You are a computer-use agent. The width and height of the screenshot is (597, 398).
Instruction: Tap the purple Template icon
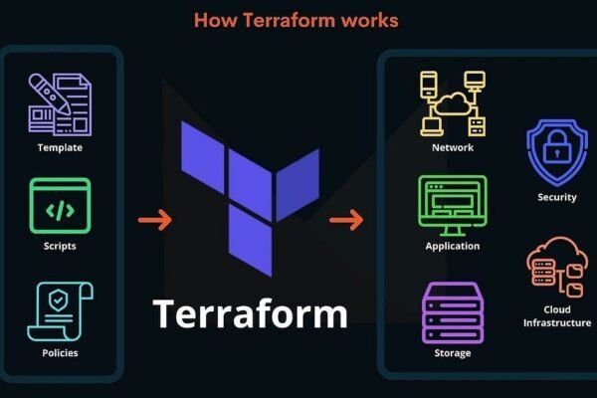pos(60,103)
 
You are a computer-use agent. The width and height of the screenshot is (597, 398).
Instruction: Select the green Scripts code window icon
pos(60,206)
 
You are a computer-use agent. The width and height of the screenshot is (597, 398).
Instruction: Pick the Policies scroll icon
pos(60,309)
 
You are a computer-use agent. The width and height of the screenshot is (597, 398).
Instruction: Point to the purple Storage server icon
pos(453,312)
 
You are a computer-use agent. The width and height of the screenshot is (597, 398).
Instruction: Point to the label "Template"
pos(60,148)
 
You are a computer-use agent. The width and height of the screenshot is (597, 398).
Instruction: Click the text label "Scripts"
pos(60,246)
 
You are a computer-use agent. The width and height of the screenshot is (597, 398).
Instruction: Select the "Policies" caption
pos(60,353)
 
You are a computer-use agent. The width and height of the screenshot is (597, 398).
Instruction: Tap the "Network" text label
pos(453,147)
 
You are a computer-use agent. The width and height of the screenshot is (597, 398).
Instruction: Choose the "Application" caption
pos(453,246)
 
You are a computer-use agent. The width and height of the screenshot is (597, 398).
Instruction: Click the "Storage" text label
pos(453,353)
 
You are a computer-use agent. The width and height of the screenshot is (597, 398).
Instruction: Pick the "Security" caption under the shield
pos(556,197)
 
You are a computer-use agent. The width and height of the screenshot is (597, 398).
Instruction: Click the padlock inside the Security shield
pos(557,151)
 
